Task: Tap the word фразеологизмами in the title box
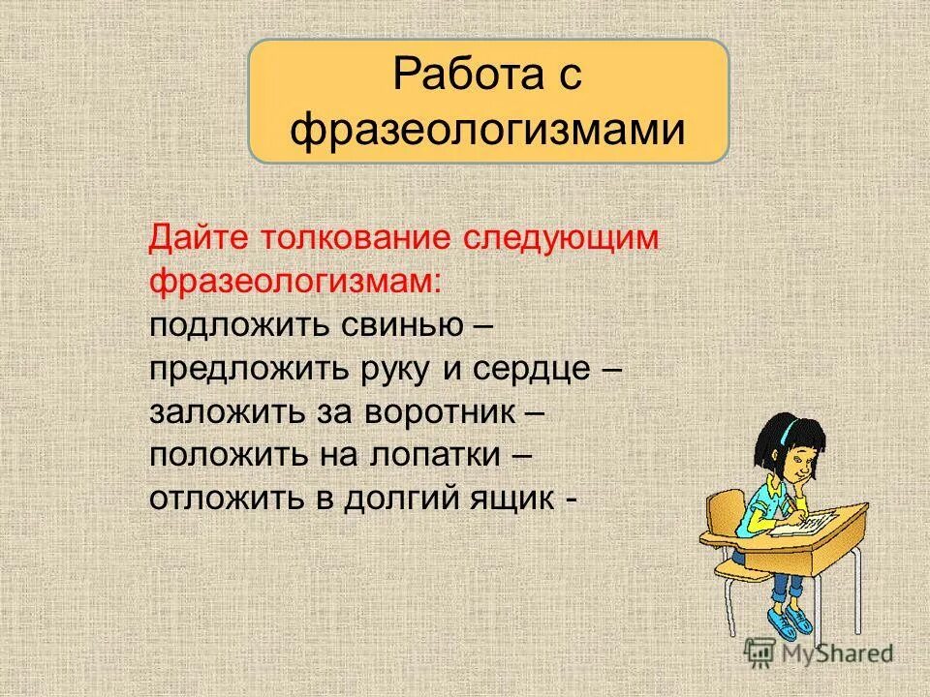(487, 129)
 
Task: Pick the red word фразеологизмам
(294, 281)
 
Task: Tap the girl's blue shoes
(789, 620)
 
